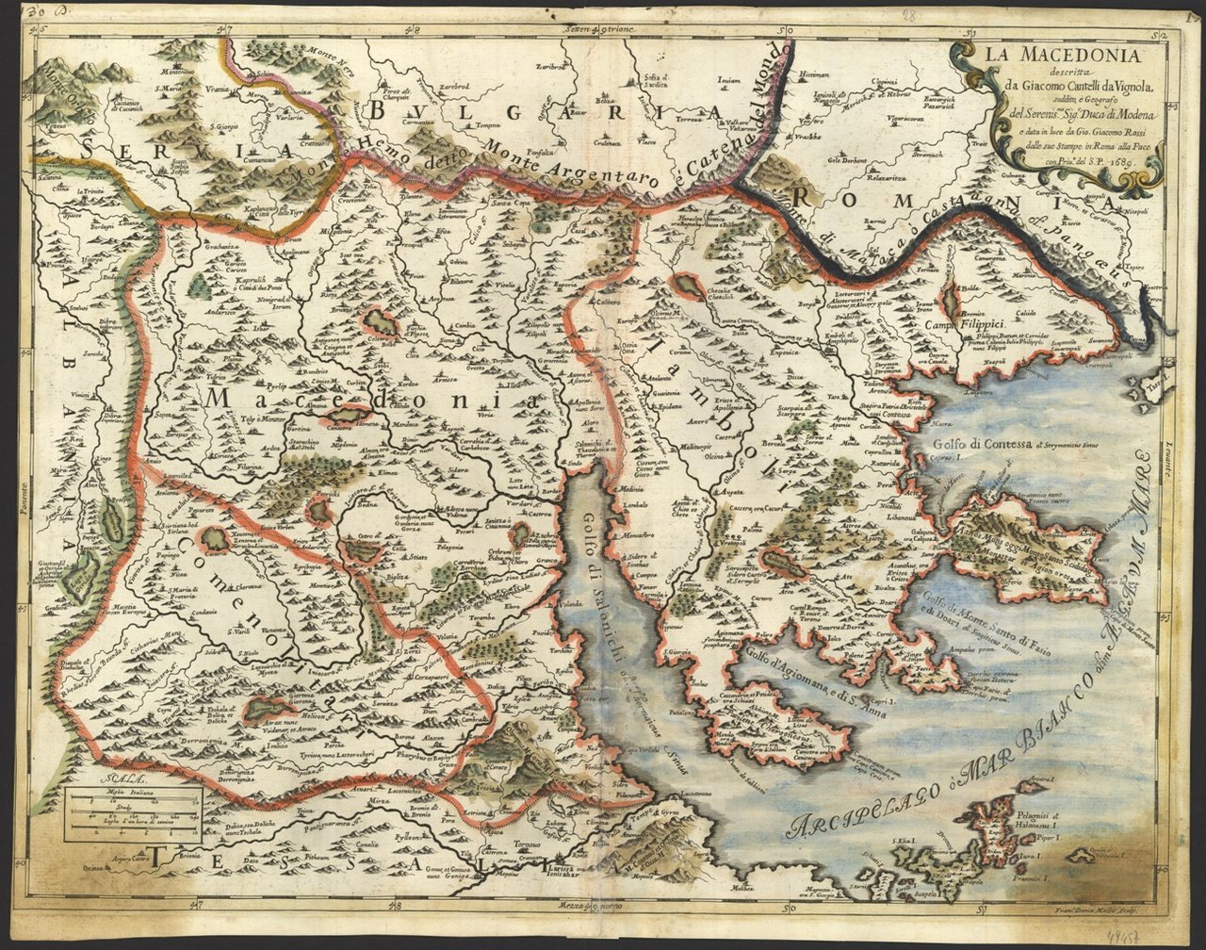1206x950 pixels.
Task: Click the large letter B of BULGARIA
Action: [x=379, y=110]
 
